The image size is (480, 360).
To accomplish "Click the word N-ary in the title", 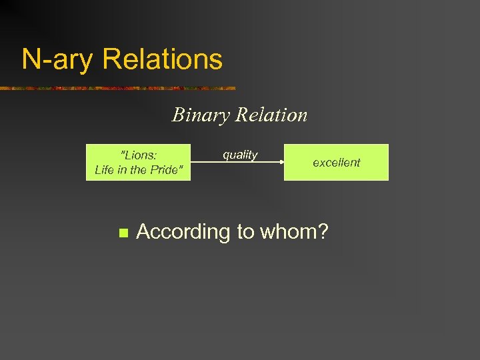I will [58, 59].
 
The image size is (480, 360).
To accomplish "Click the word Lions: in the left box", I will [138, 155].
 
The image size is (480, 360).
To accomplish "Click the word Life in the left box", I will [105, 170].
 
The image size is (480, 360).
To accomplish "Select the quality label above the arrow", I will [240, 155].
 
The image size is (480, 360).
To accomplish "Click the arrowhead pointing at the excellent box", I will [281, 162].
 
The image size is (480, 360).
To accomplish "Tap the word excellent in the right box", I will [336, 163].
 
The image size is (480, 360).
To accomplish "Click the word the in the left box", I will [141, 170].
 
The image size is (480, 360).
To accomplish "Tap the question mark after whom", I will [323, 232].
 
